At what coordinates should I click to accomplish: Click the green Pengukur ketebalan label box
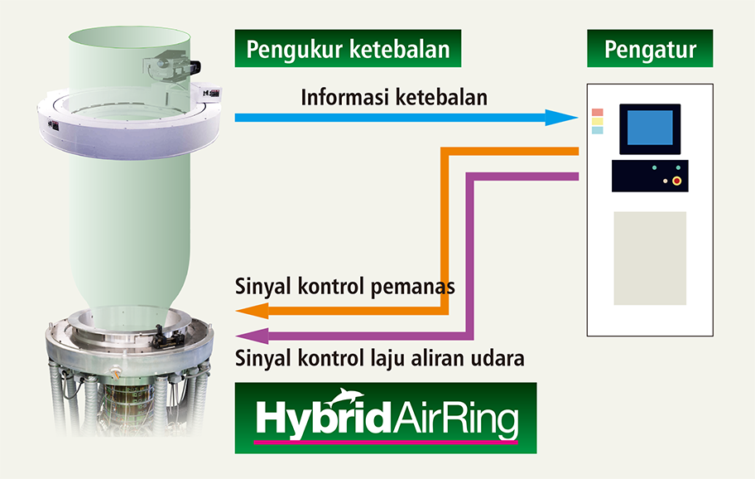pyautogui.click(x=348, y=48)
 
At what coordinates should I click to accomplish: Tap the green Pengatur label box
pyautogui.click(x=650, y=48)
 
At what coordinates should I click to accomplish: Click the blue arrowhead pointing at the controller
pyautogui.click(x=561, y=117)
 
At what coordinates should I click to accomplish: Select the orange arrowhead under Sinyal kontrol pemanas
pyautogui.click(x=252, y=311)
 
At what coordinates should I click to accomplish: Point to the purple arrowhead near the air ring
pyautogui.click(x=252, y=336)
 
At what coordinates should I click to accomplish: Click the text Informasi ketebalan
pyautogui.click(x=394, y=97)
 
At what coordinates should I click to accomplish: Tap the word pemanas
pyautogui.click(x=412, y=288)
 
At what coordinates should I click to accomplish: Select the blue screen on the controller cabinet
pyautogui.click(x=650, y=128)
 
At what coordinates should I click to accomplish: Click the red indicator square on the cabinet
pyautogui.click(x=597, y=112)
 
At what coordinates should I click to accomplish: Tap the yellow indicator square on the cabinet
pyautogui.click(x=597, y=121)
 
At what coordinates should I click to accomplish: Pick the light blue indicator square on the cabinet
pyautogui.click(x=597, y=130)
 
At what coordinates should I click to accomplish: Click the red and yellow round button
pyautogui.click(x=676, y=181)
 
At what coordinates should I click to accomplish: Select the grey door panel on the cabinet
pyautogui.click(x=650, y=259)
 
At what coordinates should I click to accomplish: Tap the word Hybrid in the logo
pyautogui.click(x=323, y=419)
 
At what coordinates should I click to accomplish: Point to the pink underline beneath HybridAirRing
pyautogui.click(x=386, y=442)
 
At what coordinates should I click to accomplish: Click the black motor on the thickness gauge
pyautogui.click(x=195, y=65)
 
